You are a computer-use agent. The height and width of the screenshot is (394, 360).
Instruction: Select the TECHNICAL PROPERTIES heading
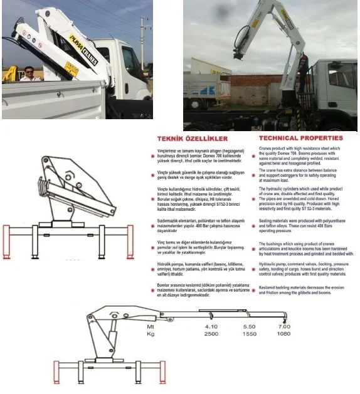pos(300,138)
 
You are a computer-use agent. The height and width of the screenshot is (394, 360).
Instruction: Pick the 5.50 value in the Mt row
pos(249,327)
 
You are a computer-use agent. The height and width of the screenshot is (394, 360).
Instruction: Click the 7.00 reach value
pos(284,327)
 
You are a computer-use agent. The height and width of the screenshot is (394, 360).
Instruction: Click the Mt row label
pos(151,327)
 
